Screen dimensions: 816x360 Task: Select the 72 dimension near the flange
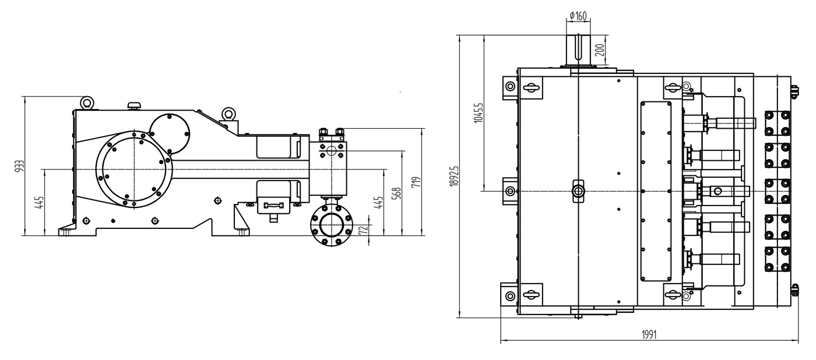tap(363, 230)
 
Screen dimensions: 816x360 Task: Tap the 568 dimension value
tap(398, 193)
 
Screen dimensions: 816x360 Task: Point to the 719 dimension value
tap(416, 182)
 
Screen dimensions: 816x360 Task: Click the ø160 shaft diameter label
tap(578, 16)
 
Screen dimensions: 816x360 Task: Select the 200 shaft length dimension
tap(600, 50)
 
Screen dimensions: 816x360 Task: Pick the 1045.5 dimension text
tap(478, 112)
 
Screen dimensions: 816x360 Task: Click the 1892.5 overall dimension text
tap(454, 176)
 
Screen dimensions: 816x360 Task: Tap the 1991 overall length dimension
tap(649, 334)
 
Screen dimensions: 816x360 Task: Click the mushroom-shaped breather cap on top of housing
tap(134, 105)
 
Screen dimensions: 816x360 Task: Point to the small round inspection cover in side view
tap(170, 133)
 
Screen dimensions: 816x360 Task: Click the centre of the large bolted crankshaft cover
tap(134, 170)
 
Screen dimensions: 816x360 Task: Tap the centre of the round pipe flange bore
tap(331, 225)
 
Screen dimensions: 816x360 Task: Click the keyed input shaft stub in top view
tap(578, 50)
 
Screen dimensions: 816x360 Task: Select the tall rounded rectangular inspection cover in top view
tap(656, 191)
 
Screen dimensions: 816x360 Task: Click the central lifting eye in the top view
tap(578, 190)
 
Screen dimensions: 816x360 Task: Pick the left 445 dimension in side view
tap(40, 202)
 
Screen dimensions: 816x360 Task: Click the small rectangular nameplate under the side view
tap(273, 206)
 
